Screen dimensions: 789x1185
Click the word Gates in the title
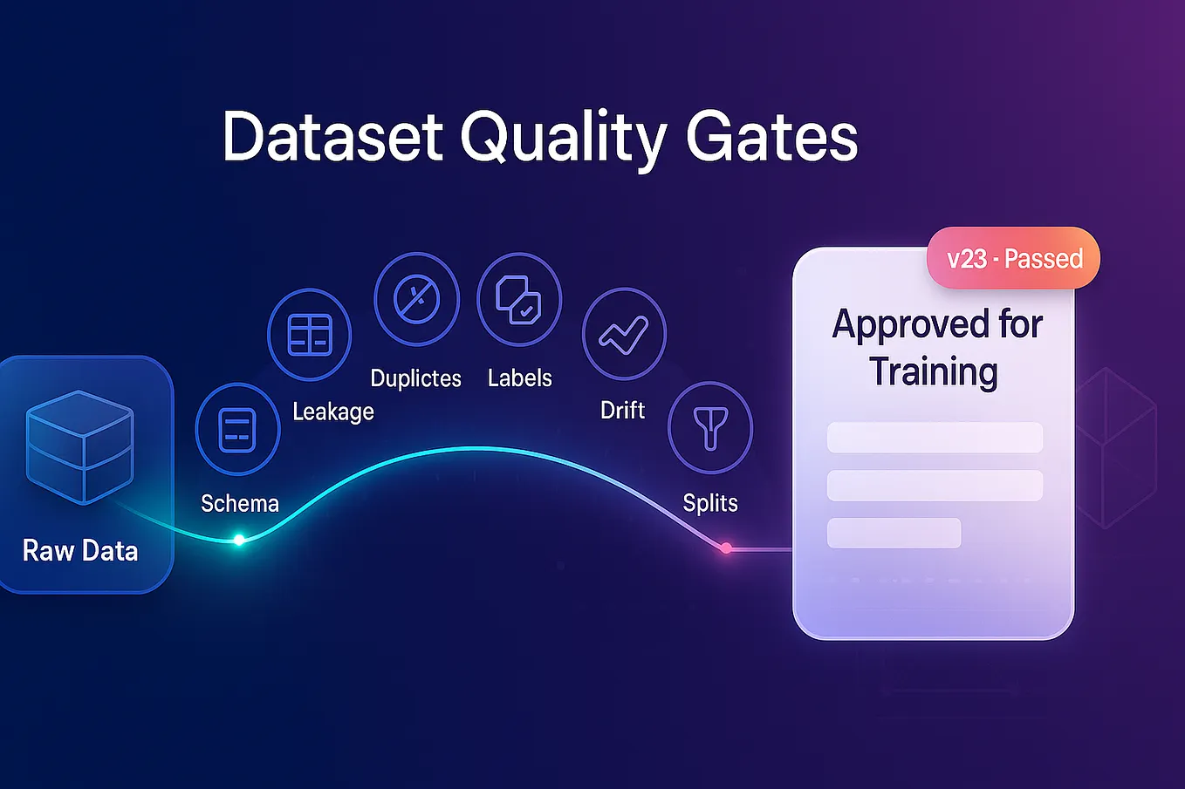click(771, 137)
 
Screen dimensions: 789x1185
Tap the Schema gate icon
click(237, 429)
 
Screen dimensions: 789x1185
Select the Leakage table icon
click(309, 335)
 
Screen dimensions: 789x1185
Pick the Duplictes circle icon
click(416, 300)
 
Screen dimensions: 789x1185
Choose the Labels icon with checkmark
click(519, 300)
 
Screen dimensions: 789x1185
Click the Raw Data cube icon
click(79, 446)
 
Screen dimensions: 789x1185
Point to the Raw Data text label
click(80, 551)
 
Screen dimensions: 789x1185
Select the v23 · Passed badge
click(1014, 259)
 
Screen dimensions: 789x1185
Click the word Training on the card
click(934, 371)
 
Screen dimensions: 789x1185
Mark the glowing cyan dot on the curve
click(239, 541)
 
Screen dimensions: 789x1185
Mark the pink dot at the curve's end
click(726, 548)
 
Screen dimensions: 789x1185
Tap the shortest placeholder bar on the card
click(894, 533)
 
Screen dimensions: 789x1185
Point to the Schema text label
click(240, 503)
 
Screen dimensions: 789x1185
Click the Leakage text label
click(333, 412)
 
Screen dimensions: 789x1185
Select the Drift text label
click(622, 410)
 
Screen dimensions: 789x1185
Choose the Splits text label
click(710, 503)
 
